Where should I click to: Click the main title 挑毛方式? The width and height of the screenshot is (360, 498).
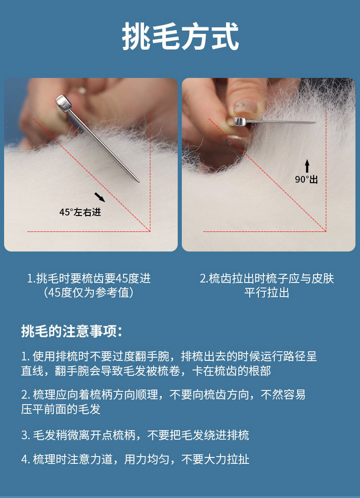pos(180,36)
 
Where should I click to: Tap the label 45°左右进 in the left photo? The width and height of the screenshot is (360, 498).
pos(80,212)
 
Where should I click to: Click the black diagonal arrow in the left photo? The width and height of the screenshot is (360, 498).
pos(100,197)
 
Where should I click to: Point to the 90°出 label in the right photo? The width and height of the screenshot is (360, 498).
pos(306,180)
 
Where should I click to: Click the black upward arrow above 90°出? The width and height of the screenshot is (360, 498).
pos(307,166)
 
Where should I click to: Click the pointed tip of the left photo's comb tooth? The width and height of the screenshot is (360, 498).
pos(138,181)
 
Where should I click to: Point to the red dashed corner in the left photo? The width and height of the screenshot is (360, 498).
pos(149,231)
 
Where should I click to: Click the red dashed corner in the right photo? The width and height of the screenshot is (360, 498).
pos(326,231)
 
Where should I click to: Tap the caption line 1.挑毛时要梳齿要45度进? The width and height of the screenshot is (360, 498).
pos(89,278)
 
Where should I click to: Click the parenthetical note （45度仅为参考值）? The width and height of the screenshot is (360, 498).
pos(89,292)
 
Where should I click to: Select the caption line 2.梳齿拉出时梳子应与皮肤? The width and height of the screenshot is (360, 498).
pos(267,278)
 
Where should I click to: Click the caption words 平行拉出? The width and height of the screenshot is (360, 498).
pos(267,292)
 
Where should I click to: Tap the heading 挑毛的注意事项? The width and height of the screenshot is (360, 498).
pos(72,331)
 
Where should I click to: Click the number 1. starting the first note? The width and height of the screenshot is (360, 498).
pos(26,357)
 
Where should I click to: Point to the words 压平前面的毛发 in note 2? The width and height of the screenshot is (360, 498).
pos(61,409)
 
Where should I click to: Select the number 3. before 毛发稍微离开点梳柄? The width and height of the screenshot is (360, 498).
pos(26,435)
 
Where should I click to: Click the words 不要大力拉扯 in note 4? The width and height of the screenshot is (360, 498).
pos(216,459)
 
